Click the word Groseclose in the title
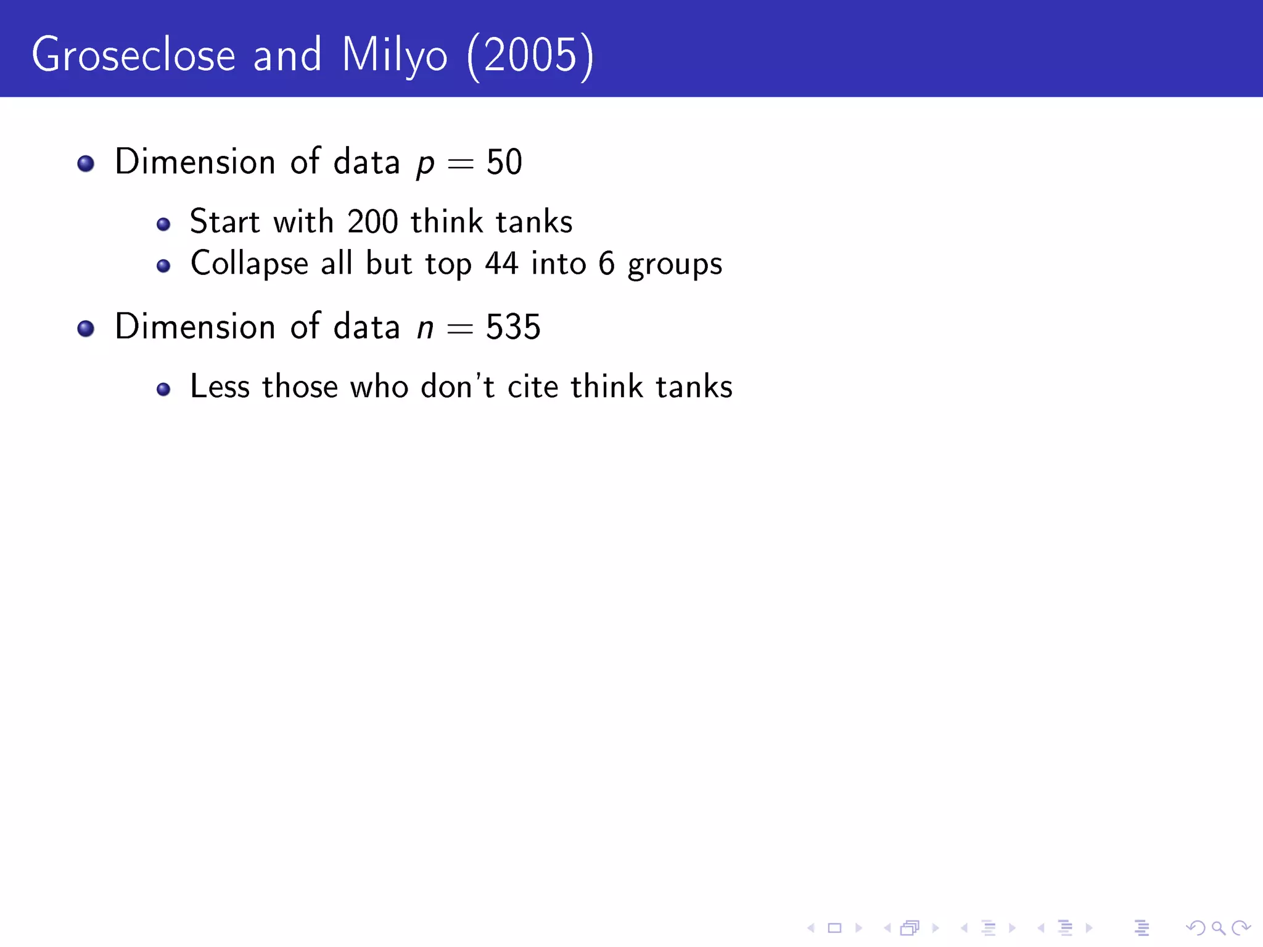tap(133, 55)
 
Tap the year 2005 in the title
tap(530, 55)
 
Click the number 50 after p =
tap(504, 163)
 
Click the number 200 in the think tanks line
tap(372, 222)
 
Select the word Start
tap(224, 222)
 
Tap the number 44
tap(501, 264)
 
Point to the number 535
tap(513, 327)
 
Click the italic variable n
tap(425, 329)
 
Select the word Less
tap(220, 387)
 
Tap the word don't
tap(458, 387)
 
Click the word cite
tap(533, 387)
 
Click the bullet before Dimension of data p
tap(86, 163)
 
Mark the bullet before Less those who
tap(163, 389)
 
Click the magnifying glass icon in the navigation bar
tap(1218, 928)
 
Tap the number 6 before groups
tap(607, 264)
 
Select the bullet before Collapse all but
tap(163, 266)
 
